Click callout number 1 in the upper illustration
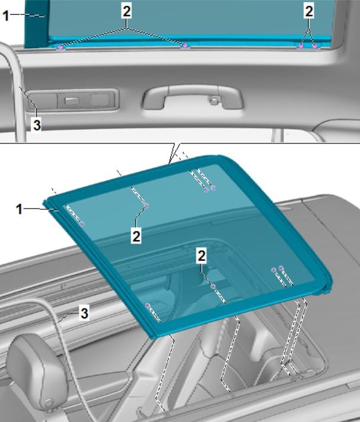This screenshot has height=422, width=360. [6, 16]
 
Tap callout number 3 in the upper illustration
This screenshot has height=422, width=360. [37, 125]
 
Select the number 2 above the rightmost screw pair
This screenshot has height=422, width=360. [309, 12]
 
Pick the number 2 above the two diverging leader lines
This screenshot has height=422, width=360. [126, 12]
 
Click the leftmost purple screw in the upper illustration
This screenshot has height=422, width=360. [60, 47]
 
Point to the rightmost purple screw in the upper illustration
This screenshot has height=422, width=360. [315, 46]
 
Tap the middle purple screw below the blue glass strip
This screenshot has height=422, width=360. [185, 46]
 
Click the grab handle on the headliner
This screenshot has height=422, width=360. [193, 97]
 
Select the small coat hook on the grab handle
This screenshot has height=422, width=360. [214, 100]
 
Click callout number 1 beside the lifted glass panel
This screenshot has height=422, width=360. [19, 209]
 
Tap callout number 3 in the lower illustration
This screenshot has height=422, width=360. [85, 314]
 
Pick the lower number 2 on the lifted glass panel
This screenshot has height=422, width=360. [202, 255]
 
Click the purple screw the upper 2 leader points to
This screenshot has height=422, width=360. [146, 206]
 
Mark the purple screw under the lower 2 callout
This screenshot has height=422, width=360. [213, 286]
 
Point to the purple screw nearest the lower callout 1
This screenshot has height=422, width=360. [82, 223]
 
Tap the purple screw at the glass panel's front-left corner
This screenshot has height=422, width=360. [147, 305]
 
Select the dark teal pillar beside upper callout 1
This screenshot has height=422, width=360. [37, 24]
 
